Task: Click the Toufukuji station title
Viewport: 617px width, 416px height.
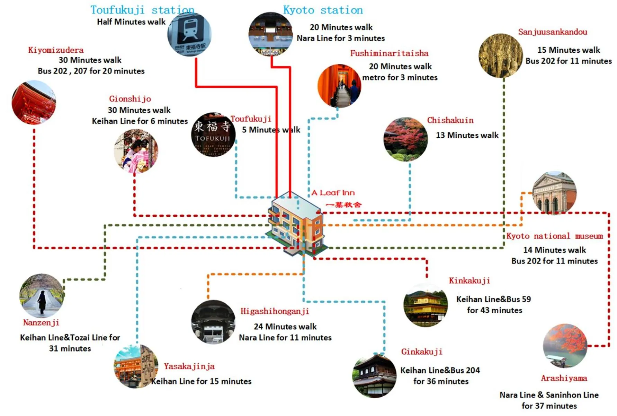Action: click(142, 10)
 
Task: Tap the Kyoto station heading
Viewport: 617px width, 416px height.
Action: click(323, 10)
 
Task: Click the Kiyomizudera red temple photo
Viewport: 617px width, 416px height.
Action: click(34, 103)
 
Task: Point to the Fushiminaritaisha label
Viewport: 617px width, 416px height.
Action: click(389, 53)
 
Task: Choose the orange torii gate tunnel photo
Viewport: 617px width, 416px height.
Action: click(339, 86)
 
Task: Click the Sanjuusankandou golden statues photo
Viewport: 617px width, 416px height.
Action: click(501, 55)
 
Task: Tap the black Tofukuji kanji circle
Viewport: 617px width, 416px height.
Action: click(213, 134)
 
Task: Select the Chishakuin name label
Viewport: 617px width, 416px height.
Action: click(450, 120)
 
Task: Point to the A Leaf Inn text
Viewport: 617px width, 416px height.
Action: click(333, 193)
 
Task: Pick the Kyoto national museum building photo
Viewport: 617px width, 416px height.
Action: click(554, 193)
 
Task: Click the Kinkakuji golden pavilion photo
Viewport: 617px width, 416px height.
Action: click(426, 305)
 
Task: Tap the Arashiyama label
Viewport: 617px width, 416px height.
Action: click(564, 378)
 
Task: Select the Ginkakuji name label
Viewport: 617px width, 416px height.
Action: click(422, 352)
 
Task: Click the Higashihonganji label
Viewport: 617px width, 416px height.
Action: click(275, 311)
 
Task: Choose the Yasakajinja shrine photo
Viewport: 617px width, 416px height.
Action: click(136, 366)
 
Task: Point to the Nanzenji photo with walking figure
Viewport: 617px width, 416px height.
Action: click(42, 295)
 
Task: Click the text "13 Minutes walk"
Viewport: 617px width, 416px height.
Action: click(467, 135)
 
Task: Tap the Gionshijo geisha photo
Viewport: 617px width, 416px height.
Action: click(136, 151)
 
